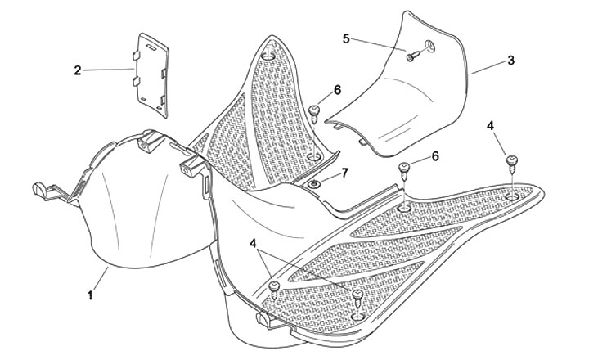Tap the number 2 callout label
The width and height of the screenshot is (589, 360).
(x=78, y=70)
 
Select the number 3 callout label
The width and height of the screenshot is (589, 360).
(x=510, y=61)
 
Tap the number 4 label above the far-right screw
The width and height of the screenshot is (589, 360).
(x=491, y=126)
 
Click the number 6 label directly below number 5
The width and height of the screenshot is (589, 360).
(x=337, y=89)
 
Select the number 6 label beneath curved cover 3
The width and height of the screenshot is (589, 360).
(x=434, y=155)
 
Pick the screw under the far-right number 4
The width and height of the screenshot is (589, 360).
(x=511, y=162)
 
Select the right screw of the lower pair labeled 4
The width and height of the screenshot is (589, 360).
(x=357, y=295)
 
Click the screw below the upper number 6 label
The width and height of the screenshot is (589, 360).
(x=314, y=110)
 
